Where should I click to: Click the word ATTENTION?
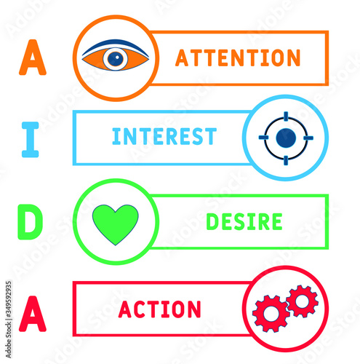point(238,58)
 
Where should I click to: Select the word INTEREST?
point(164,136)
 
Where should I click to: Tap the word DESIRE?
point(244,221)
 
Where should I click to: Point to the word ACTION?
point(160,309)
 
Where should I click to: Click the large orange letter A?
point(33,58)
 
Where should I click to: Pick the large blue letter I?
point(31,140)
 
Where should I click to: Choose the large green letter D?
point(31,222)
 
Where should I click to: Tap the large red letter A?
point(33,314)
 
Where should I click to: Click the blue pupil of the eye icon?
point(116,59)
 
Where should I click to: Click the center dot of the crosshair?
point(286,138)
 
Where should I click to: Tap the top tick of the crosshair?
point(286,116)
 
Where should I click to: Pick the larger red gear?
point(271,313)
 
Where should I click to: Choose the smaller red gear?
point(303,301)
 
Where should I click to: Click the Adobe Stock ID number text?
point(9,301)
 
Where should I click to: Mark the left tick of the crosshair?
point(263,138)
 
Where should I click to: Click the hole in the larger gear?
point(271,314)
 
